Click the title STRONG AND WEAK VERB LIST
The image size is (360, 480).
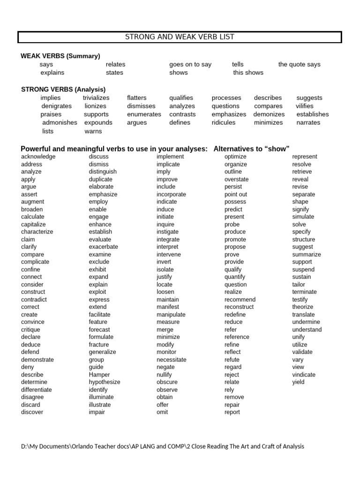180,37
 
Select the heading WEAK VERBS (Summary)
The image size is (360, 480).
60,56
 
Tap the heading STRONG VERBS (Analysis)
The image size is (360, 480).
64,89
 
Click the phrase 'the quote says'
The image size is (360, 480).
299,64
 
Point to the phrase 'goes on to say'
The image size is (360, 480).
190,64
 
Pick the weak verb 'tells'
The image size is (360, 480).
238,64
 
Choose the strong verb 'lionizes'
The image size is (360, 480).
96,106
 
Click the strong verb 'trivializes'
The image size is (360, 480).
96,97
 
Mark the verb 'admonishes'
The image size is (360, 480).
60,122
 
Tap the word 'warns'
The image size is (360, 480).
93,131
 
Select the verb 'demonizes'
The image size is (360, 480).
269,114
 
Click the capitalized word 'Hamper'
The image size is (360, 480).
99,375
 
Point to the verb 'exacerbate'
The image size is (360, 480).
104,247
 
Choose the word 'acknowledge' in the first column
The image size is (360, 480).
38,157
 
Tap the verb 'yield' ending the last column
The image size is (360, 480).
298,382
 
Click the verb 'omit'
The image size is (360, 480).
162,412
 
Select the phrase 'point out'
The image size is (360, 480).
236,194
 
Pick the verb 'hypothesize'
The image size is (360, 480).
105,382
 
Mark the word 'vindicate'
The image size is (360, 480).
304,375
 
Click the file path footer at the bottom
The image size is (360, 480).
163,446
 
